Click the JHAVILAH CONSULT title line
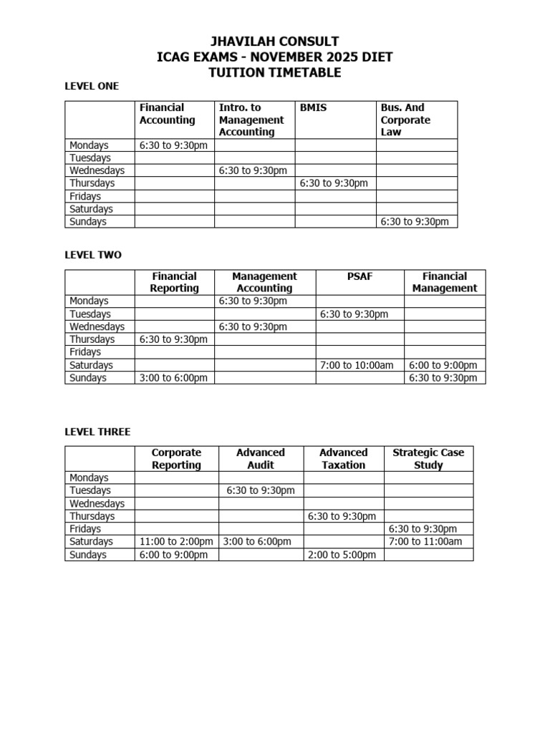(x=274, y=42)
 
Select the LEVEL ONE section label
(x=92, y=86)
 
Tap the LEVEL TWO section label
(x=93, y=255)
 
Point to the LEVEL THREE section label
(x=98, y=432)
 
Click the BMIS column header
(x=313, y=107)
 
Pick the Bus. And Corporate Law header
(x=405, y=120)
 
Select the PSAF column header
(x=360, y=276)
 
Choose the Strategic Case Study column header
(x=428, y=459)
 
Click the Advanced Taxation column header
(x=343, y=459)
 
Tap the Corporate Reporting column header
(x=176, y=459)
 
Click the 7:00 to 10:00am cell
(x=357, y=365)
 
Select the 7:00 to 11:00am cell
(x=425, y=542)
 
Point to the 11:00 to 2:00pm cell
(x=175, y=542)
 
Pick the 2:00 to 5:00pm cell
(x=342, y=555)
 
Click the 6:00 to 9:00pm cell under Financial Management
(x=443, y=365)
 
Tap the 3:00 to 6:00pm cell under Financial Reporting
(x=174, y=378)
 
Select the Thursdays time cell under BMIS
(x=334, y=183)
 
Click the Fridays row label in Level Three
(x=85, y=529)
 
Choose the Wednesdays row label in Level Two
(x=97, y=326)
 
